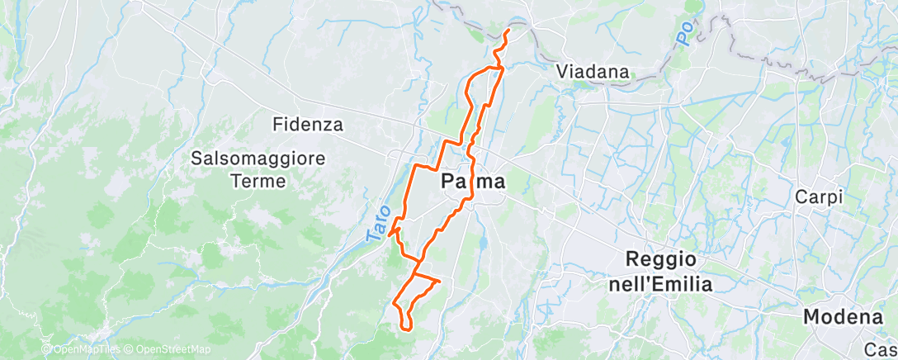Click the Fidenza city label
(308, 125)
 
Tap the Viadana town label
(593, 71)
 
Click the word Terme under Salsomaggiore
(258, 180)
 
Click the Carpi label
(818, 197)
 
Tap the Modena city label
(843, 316)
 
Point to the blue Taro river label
(376, 223)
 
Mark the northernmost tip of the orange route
(508, 31)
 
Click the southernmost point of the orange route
(406, 329)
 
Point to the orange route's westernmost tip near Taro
(388, 234)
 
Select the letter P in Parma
(449, 180)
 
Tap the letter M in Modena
(812, 316)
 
